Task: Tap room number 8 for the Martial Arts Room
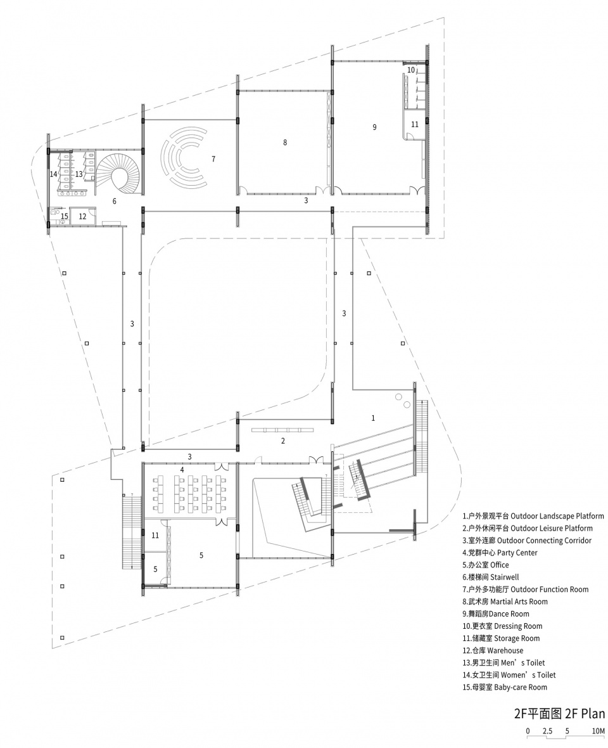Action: (x=285, y=142)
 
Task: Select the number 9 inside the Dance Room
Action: (x=374, y=127)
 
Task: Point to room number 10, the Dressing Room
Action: (x=411, y=70)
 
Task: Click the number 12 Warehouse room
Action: (x=83, y=216)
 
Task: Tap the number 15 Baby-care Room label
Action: (x=65, y=216)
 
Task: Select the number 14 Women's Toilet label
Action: (x=53, y=174)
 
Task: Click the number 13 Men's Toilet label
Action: (x=79, y=174)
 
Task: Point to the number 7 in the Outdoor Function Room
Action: (x=213, y=159)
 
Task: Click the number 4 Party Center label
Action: (x=182, y=470)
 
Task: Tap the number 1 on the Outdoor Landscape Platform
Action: (x=373, y=418)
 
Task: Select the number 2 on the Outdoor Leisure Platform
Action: (x=283, y=441)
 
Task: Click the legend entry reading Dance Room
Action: (x=495, y=614)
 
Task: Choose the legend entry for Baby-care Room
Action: (x=505, y=687)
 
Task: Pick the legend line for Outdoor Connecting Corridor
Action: (x=527, y=541)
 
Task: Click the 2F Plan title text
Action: (x=559, y=714)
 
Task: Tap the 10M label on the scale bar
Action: (x=598, y=731)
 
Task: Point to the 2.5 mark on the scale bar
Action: (x=547, y=731)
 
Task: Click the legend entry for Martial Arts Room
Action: (x=505, y=602)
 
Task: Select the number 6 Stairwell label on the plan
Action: (x=115, y=202)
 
